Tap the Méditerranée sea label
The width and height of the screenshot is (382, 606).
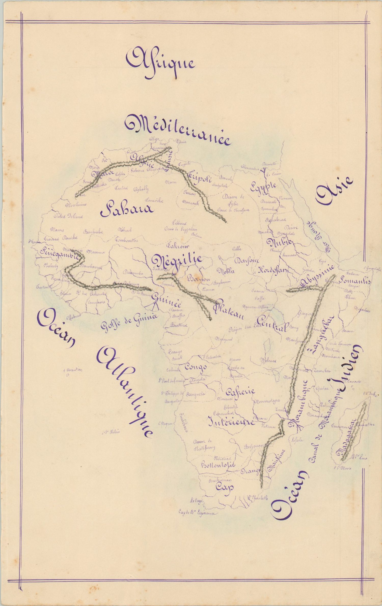(x=178, y=130)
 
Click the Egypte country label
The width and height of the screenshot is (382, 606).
(x=264, y=187)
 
